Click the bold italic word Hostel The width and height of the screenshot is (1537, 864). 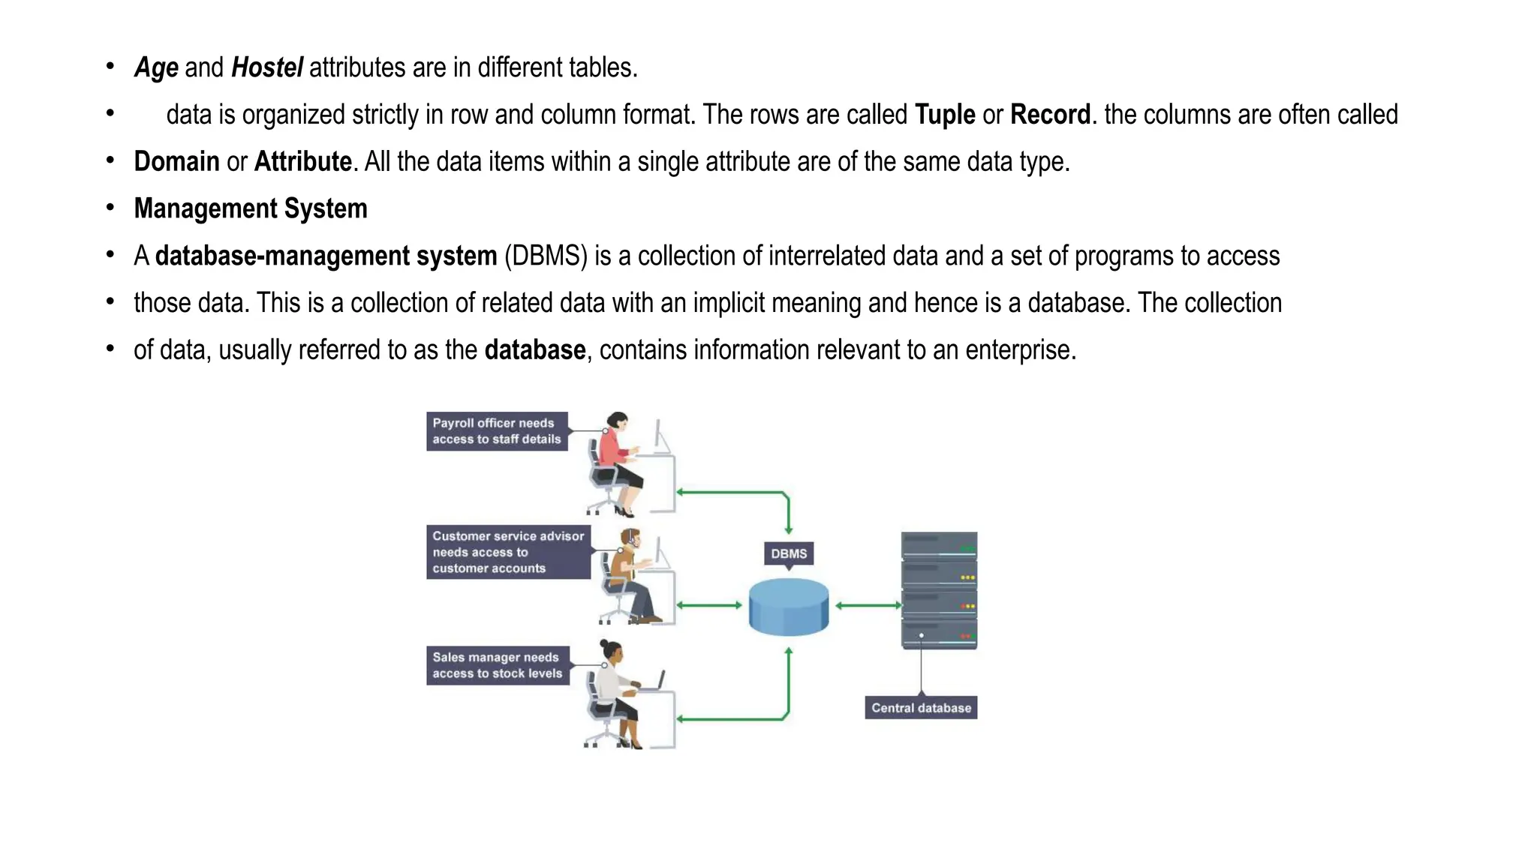(267, 67)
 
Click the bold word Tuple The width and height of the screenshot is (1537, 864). (945, 115)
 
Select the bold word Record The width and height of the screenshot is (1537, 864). (1050, 115)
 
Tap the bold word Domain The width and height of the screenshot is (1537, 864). (176, 162)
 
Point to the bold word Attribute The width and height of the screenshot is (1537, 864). (303, 162)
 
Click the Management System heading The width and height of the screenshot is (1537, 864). (251, 208)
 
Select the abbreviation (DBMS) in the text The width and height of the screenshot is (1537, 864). (546, 256)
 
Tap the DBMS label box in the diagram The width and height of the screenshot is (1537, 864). (789, 553)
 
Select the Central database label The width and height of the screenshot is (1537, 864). (921, 708)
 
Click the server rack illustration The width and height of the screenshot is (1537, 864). (939, 590)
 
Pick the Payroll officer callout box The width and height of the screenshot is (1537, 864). (497, 431)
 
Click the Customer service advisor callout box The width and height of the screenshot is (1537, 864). (508, 552)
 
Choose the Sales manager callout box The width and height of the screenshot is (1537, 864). (497, 665)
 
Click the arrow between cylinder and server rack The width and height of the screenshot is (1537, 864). (868, 605)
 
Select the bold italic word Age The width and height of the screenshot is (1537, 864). (156, 67)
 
